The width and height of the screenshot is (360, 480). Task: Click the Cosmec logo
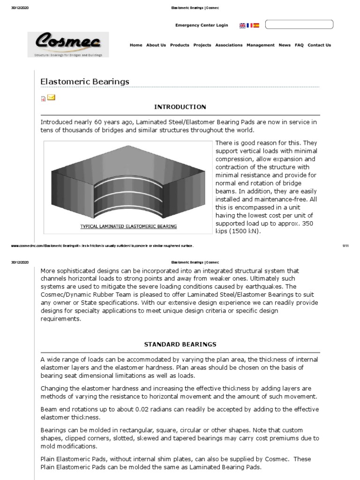point(68,44)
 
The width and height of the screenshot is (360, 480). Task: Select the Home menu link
point(136,45)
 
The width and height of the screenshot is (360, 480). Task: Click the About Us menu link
point(156,45)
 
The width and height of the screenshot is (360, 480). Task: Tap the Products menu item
point(180,45)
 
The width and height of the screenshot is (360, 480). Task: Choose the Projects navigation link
point(202,45)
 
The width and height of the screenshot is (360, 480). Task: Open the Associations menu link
point(229,45)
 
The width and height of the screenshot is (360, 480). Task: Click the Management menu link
point(261,45)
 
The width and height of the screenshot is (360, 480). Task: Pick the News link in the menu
point(285,45)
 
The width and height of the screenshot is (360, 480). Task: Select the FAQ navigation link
point(299,45)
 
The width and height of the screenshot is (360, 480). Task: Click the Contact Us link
point(319,45)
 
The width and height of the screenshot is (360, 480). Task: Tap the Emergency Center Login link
point(202,25)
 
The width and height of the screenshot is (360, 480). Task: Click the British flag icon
point(242,25)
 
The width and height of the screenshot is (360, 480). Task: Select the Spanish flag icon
point(256,25)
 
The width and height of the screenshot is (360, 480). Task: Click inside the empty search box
point(299,24)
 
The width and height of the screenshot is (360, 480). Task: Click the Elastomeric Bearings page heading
point(85,82)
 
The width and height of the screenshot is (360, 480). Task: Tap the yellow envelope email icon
point(51,97)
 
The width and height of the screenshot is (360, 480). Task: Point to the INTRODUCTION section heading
point(180,107)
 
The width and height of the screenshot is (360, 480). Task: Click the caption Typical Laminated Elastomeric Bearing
point(128,226)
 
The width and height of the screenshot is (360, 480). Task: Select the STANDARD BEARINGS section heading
point(180,344)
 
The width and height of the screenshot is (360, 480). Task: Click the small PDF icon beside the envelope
point(43,98)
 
